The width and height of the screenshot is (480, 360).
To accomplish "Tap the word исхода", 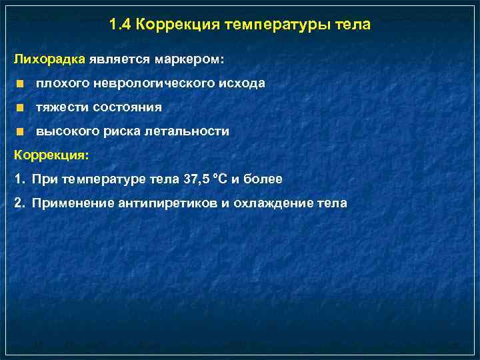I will tap(243, 83).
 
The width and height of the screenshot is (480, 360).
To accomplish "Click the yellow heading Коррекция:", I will tap(51, 155).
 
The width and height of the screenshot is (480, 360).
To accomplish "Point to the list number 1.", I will tap(18, 179).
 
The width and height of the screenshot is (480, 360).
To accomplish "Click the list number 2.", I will tap(19, 203).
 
